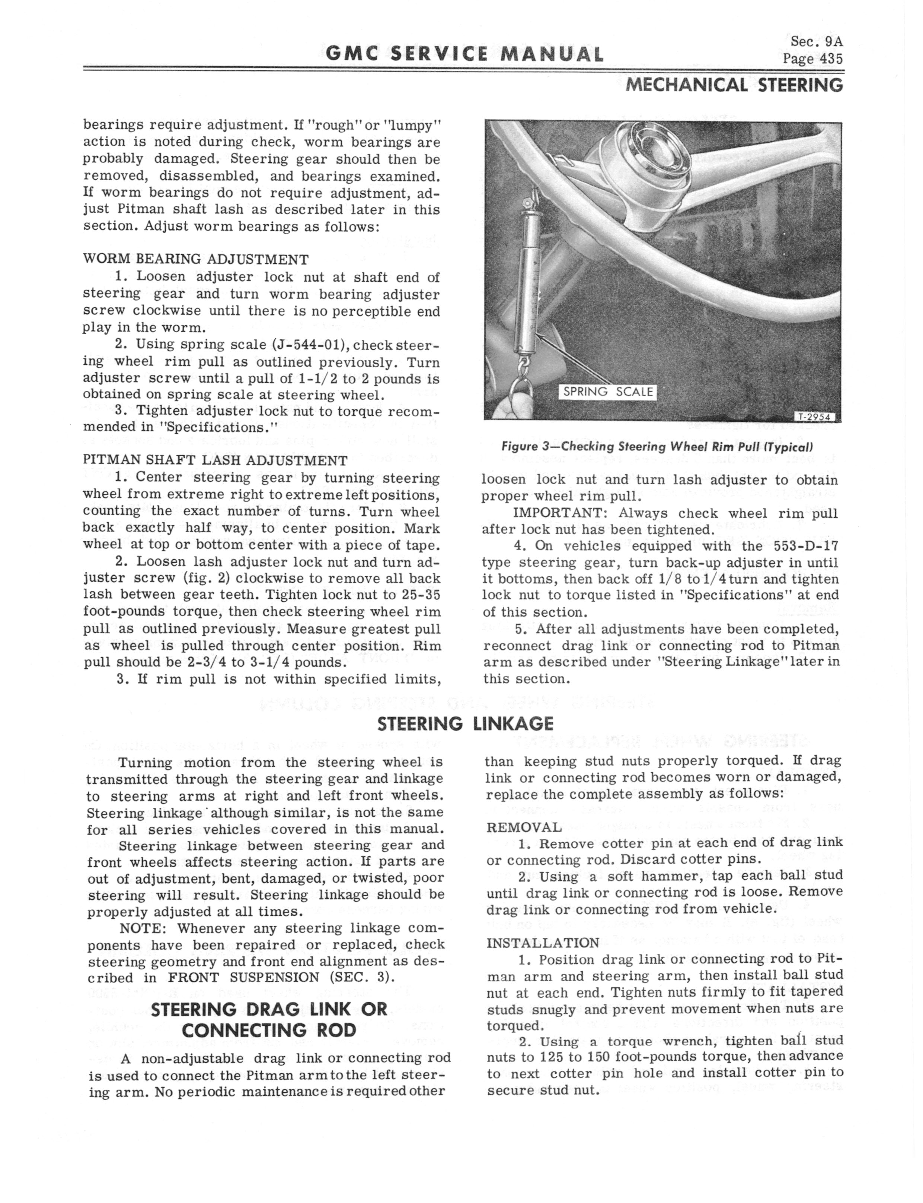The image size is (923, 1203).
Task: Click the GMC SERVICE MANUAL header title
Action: pos(464,54)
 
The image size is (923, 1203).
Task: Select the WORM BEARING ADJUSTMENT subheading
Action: pos(196,259)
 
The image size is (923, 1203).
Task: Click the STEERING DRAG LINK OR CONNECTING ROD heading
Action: pos(269,1019)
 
